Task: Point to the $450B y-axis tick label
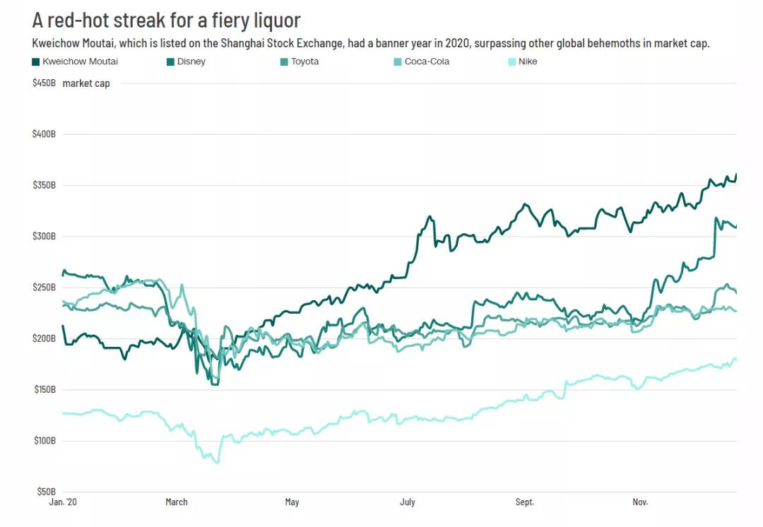tap(44, 83)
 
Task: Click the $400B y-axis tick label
tap(44, 134)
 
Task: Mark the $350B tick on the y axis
tap(44, 185)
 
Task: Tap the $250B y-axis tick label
tap(44, 288)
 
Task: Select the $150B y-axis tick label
tap(44, 390)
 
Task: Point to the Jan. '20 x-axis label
tap(62, 502)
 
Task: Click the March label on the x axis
tap(177, 502)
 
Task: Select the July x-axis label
tap(408, 502)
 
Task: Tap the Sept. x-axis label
tap(525, 502)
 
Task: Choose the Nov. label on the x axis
tap(640, 502)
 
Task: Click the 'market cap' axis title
tap(86, 83)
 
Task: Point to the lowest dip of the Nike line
tap(217, 463)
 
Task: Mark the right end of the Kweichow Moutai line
tap(736, 174)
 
